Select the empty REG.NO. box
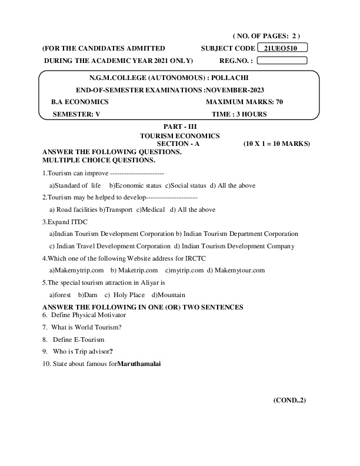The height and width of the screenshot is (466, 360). pos(282,60)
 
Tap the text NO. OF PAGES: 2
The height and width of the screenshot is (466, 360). pos(266,36)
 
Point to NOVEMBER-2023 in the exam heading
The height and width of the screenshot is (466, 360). pos(235,90)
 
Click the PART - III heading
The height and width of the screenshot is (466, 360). pos(179,127)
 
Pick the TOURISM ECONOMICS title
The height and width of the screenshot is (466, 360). pos(179,135)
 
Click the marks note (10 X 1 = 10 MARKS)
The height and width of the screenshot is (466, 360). pos(276,143)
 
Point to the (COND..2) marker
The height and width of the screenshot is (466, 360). pos(289,400)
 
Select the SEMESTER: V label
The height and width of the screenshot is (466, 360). pos(77,114)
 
